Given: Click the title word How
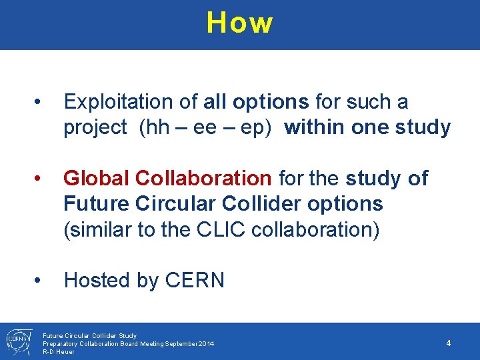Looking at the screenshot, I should (x=239, y=23).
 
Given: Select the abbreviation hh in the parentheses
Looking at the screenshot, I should (x=157, y=127).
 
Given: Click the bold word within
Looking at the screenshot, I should (x=314, y=127).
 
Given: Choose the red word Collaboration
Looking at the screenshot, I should (x=203, y=178).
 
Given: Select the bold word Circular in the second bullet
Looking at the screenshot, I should (x=164, y=203).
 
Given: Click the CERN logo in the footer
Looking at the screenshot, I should (x=16, y=341).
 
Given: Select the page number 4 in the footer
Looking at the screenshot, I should (x=449, y=343).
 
